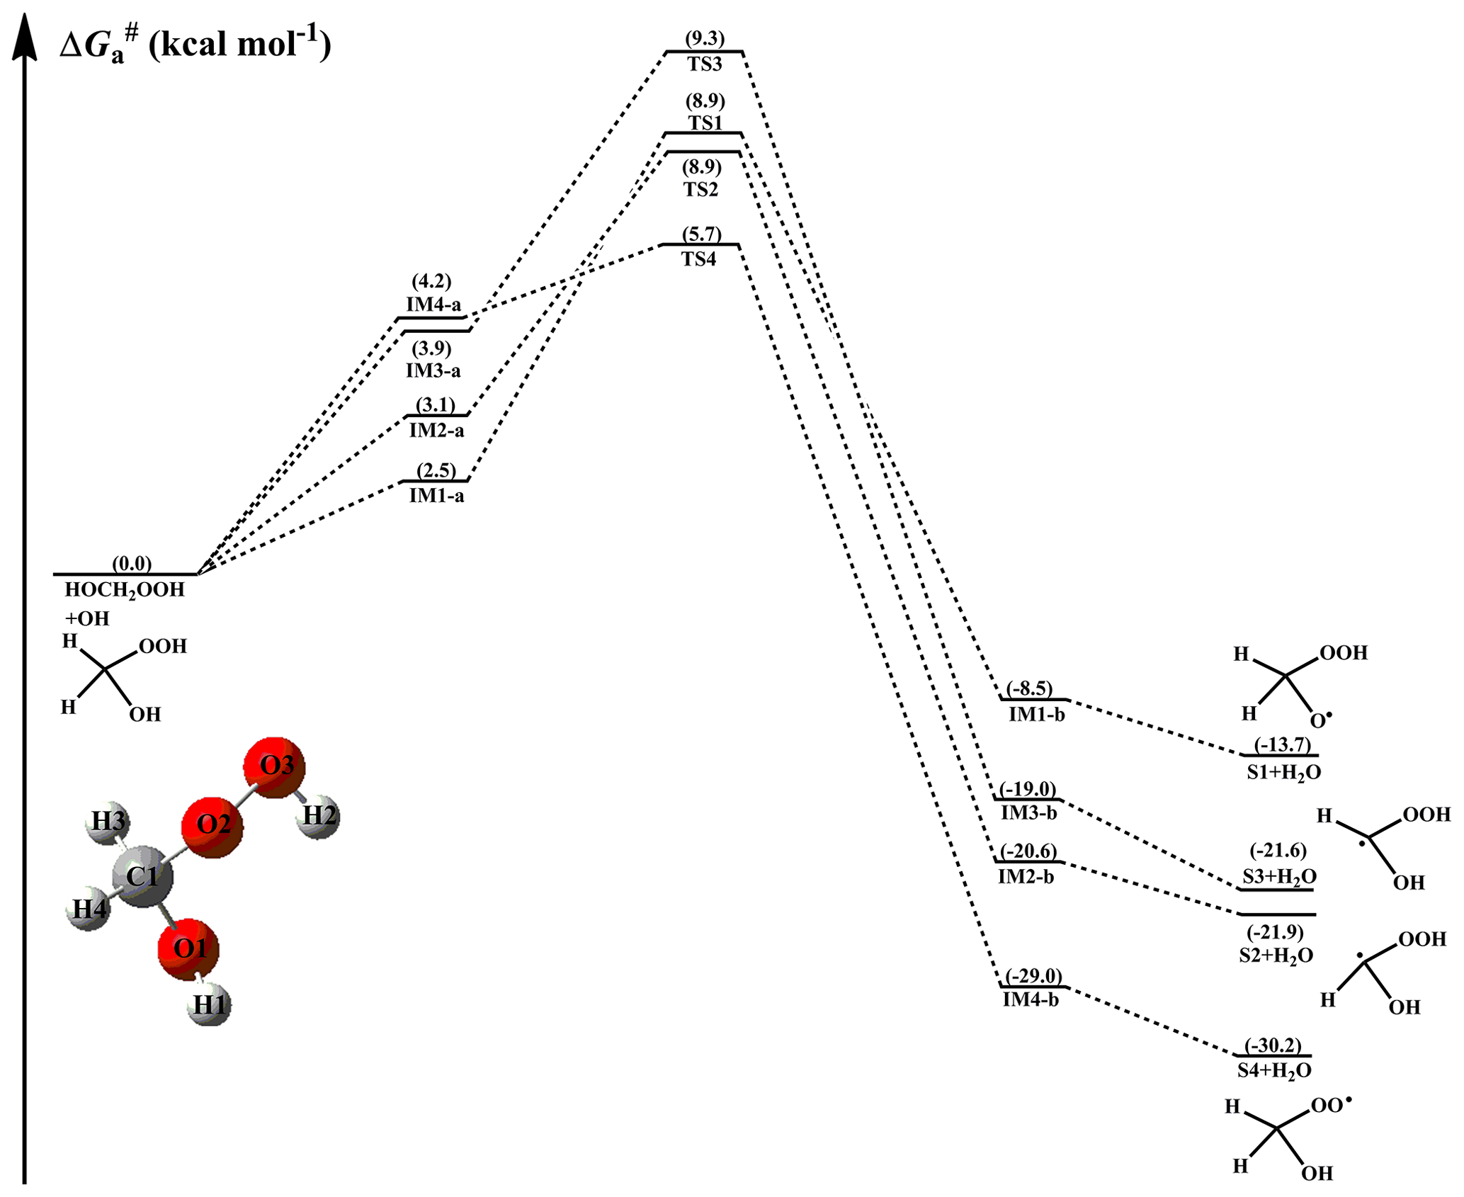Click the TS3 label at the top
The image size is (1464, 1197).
click(x=704, y=64)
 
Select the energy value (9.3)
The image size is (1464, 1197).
click(x=704, y=38)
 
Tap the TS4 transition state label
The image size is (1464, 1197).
click(x=699, y=259)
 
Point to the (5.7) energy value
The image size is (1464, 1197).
click(x=701, y=234)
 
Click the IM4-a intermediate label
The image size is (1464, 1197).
click(x=433, y=305)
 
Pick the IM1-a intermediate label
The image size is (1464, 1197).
click(x=436, y=496)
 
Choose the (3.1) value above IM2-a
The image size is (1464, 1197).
click(x=435, y=404)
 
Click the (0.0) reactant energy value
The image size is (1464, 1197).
click(x=132, y=563)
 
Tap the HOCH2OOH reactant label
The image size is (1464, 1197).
click(x=125, y=590)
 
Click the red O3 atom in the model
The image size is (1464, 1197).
click(x=275, y=766)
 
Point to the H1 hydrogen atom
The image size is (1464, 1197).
click(x=210, y=1004)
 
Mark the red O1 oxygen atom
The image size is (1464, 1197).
click(x=188, y=949)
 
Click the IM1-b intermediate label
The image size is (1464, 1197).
click(x=1036, y=714)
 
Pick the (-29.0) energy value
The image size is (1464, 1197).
click(x=1033, y=976)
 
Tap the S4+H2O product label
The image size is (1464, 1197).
click(x=1274, y=1070)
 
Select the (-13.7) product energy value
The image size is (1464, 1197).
click(x=1282, y=744)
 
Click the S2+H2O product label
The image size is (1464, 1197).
click(x=1276, y=955)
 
